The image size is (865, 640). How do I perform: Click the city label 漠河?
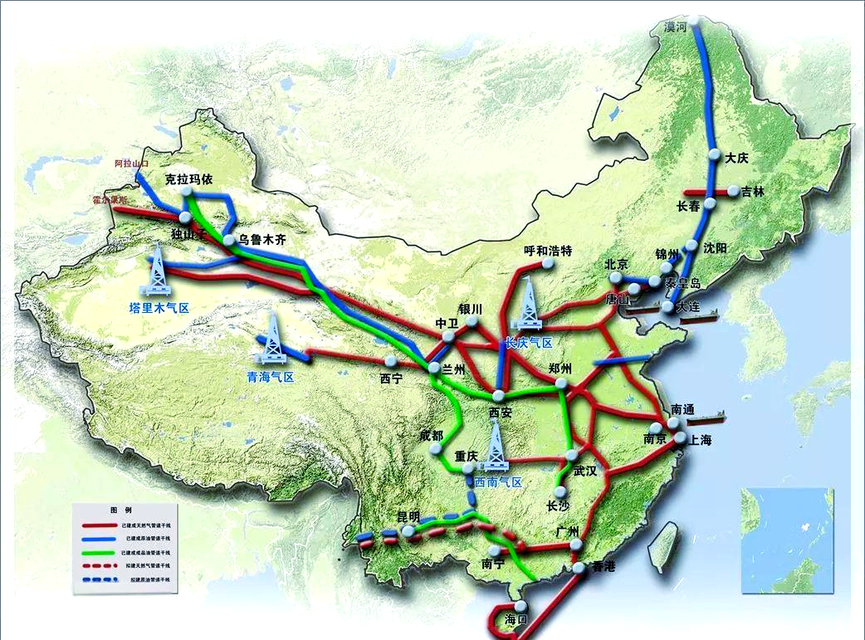676,27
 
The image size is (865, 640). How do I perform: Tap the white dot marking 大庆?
714,154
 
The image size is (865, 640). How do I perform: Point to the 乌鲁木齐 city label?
266,239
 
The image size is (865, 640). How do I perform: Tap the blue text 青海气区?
271,377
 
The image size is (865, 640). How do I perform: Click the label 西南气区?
498,482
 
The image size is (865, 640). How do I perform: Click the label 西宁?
391,379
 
